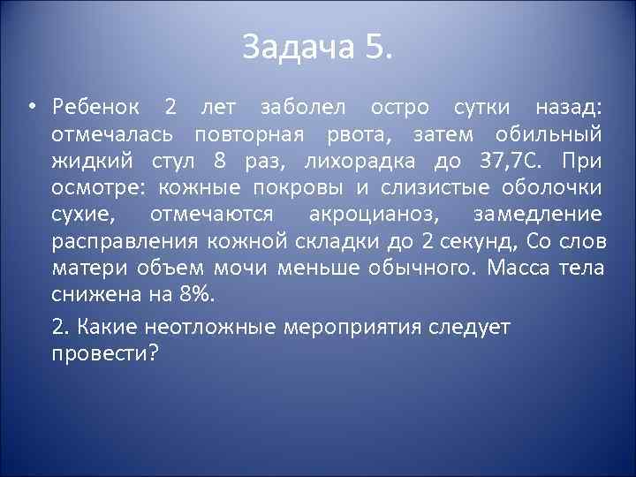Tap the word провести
(117, 352)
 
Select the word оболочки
(552, 189)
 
